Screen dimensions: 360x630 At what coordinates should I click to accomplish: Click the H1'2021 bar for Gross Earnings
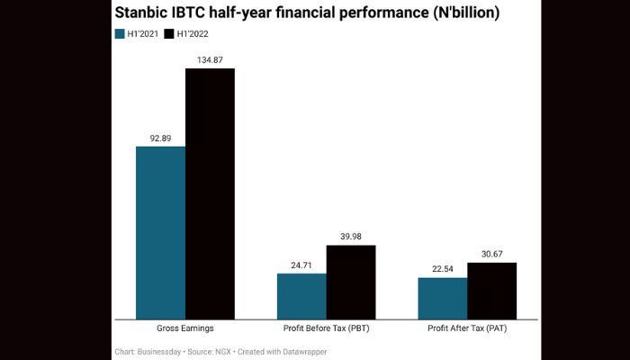160,232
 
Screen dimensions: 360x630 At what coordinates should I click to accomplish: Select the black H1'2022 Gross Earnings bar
210,193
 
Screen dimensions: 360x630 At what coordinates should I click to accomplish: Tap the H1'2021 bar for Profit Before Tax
301,296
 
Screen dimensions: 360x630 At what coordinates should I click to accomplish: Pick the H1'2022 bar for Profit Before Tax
351,282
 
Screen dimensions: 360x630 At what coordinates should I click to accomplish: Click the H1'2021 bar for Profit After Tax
443,298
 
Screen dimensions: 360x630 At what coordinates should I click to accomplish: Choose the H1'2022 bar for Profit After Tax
491,291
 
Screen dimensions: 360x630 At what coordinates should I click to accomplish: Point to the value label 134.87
210,59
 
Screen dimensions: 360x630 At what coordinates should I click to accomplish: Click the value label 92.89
160,138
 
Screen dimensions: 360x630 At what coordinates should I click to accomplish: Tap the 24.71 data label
301,265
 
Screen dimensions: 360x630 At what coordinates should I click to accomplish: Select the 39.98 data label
351,237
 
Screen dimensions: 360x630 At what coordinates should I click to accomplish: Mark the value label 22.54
443,269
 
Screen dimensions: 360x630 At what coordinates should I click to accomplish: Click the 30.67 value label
491,254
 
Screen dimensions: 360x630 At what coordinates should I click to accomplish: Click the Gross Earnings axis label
184,329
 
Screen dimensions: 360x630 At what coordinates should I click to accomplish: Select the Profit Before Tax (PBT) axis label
326,329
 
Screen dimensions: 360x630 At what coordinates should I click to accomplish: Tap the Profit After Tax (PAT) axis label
467,329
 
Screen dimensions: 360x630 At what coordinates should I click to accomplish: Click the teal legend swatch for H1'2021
121,34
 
